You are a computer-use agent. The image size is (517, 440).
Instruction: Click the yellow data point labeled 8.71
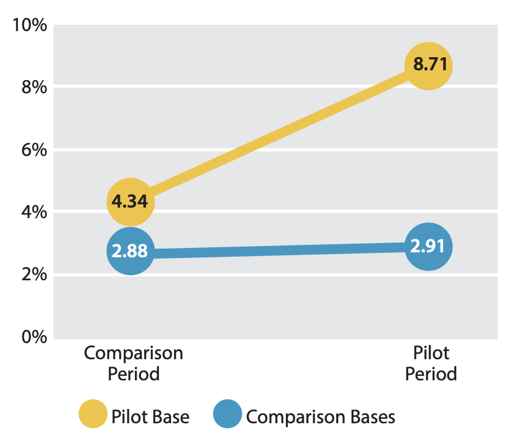click(428, 66)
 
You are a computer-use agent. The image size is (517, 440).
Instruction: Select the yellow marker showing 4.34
click(130, 201)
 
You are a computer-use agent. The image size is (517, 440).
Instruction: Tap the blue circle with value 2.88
click(130, 251)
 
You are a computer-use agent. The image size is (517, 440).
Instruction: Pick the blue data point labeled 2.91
click(428, 247)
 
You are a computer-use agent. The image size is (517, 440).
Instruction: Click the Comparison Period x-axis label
click(134, 364)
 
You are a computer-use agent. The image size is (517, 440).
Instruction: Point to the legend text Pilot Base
click(150, 416)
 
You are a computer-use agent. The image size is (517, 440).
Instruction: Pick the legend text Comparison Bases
click(320, 416)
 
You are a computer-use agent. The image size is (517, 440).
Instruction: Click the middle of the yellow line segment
click(278, 134)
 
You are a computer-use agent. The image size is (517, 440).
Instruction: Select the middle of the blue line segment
click(278, 250)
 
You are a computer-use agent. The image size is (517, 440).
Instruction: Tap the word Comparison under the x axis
click(134, 353)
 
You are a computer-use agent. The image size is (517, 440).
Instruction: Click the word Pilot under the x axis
click(431, 353)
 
